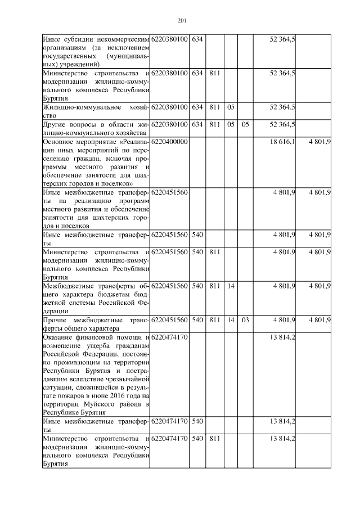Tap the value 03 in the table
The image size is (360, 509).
245,319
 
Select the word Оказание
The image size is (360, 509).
59,336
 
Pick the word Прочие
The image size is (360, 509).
55,319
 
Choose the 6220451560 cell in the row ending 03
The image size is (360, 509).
169,319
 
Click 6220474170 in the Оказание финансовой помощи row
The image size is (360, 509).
169,336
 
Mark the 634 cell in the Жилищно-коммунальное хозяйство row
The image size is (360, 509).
197,107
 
